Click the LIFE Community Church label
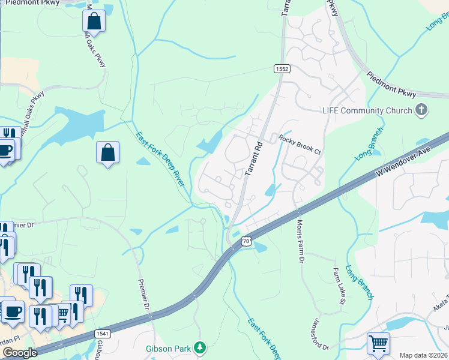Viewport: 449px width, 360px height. coord(367,110)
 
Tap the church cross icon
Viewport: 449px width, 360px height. coord(422,110)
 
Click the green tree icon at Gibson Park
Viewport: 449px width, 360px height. coord(202,347)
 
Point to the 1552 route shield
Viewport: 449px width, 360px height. coord(282,69)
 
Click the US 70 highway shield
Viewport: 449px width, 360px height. coord(246,241)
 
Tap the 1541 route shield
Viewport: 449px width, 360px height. coord(103,333)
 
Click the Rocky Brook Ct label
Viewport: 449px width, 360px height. coord(300,145)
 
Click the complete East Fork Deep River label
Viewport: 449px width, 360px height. coord(159,159)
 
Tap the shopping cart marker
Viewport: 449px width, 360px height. coord(378,344)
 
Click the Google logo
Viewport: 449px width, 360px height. coord(19,353)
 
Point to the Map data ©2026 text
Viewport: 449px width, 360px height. coord(423,355)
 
